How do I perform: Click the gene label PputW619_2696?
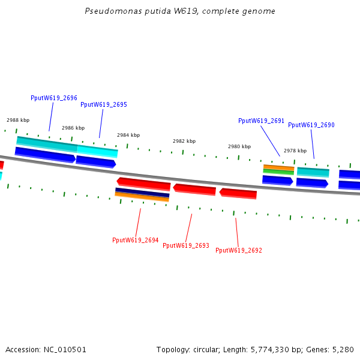(x=53, y=98)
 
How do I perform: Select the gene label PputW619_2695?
(x=104, y=104)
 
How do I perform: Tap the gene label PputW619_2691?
(x=261, y=121)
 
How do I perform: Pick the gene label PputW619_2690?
(x=311, y=125)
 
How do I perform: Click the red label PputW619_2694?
(x=135, y=240)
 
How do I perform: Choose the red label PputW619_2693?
(x=186, y=245)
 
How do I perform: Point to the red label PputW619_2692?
(x=239, y=250)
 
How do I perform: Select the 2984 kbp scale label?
(x=128, y=135)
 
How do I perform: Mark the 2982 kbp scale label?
(x=184, y=141)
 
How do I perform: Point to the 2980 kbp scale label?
(x=239, y=146)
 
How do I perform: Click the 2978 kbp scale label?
(x=295, y=151)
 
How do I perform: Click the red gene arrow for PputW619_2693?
(x=194, y=190)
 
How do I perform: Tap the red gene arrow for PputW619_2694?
(x=144, y=183)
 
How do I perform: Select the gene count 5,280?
(x=343, y=349)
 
